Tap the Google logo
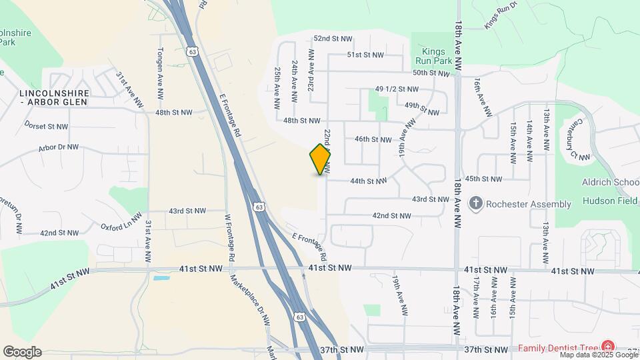click(x=22, y=352)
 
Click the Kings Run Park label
click(x=437, y=56)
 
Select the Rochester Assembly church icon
click(x=475, y=203)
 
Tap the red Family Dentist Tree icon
click(x=608, y=347)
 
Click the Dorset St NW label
click(x=47, y=126)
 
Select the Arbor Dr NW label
click(x=59, y=147)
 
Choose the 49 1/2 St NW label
click(x=397, y=89)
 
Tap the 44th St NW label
click(x=368, y=181)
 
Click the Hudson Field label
click(x=609, y=200)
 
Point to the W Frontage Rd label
click(x=229, y=237)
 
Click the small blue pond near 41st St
click(x=161, y=277)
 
